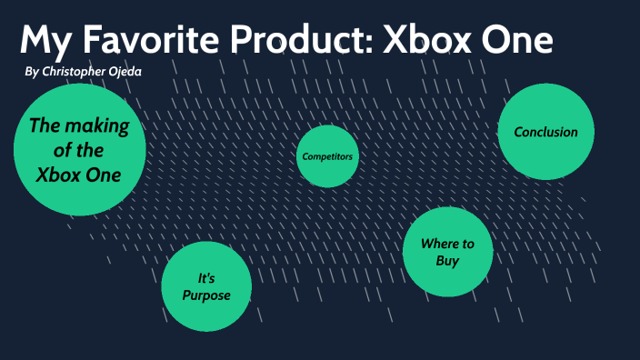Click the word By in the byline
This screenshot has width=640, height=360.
click(x=33, y=71)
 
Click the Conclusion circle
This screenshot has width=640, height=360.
click(x=545, y=132)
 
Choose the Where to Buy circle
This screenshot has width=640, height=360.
click(x=446, y=253)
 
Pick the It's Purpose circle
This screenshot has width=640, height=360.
click(x=206, y=285)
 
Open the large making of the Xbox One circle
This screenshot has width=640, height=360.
click(x=79, y=150)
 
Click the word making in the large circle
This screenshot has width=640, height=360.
click(x=100, y=126)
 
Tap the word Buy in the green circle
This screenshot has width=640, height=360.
click(x=446, y=262)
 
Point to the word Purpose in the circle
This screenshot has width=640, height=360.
click(x=206, y=295)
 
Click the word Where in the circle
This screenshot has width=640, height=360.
click(x=437, y=244)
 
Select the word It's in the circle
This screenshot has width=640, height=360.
click(x=206, y=276)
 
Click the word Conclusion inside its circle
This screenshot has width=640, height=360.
click(x=545, y=132)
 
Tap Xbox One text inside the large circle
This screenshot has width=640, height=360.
click(x=79, y=175)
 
